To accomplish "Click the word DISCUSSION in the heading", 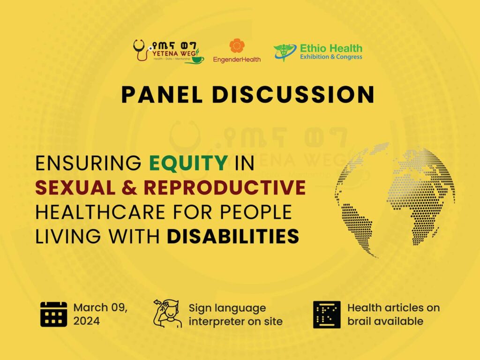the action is [293, 94].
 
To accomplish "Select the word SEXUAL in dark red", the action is [75, 187].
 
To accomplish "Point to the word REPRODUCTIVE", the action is [225, 187].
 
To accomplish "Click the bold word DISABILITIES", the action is [233, 236].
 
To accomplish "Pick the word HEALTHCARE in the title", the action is [100, 212].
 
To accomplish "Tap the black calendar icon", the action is [53, 314].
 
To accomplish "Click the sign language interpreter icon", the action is [167, 313].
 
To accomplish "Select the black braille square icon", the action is [327, 315].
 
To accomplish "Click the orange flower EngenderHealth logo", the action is [237, 45].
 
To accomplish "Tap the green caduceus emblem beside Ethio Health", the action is [285, 52].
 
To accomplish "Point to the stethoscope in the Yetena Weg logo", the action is [141, 50].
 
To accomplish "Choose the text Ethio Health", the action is [331, 48].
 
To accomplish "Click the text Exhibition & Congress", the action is [331, 57].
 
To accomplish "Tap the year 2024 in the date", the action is [86, 321].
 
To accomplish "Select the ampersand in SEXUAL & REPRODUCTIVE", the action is [129, 187].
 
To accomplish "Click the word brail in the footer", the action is [359, 321].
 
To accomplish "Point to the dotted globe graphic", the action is [395, 201].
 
